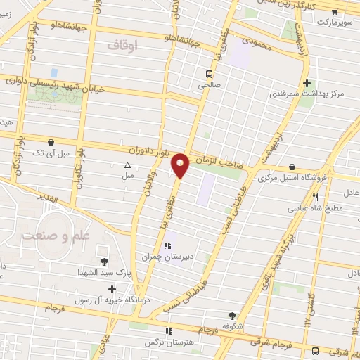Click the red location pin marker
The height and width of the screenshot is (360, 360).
click(x=181, y=165)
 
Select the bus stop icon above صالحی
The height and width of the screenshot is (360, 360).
click(x=209, y=73)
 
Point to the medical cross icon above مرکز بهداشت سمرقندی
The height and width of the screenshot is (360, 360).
click(x=307, y=83)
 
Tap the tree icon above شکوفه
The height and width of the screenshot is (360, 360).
click(x=233, y=316)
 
